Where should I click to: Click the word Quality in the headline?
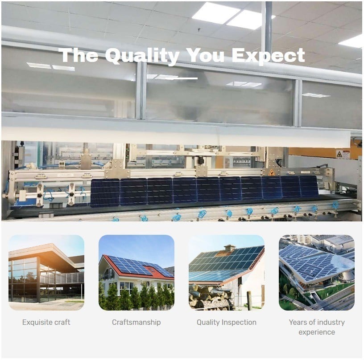[x=142, y=56]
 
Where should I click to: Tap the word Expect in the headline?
[x=268, y=56]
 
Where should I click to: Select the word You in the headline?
[x=206, y=55]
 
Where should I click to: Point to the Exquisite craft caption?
[x=46, y=322]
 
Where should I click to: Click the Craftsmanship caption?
[x=136, y=323]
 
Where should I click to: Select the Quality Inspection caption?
[x=227, y=323]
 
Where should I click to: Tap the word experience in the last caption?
[x=317, y=332]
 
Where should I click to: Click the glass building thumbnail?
[x=46, y=273]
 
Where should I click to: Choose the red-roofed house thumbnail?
[x=136, y=273]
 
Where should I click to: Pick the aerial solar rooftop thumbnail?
[x=317, y=273]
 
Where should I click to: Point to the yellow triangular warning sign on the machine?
[x=271, y=172]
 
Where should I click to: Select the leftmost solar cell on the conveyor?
[x=105, y=193]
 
